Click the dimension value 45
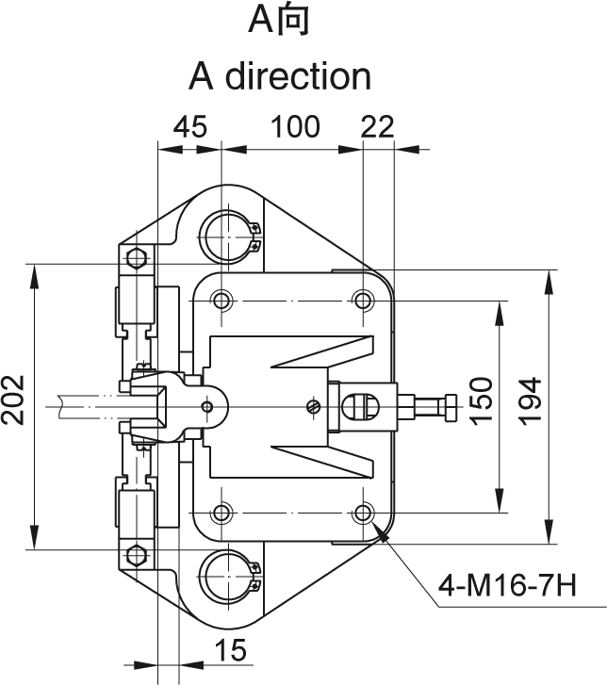(x=189, y=127)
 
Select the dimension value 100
(x=296, y=127)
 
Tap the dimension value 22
(x=378, y=127)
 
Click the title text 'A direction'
(x=280, y=75)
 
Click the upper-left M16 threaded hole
(x=221, y=301)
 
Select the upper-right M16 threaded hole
(x=363, y=301)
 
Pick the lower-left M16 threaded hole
(x=221, y=514)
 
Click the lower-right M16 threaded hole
(x=363, y=514)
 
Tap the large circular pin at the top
(x=223, y=233)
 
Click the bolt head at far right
(x=450, y=407)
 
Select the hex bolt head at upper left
(x=136, y=258)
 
